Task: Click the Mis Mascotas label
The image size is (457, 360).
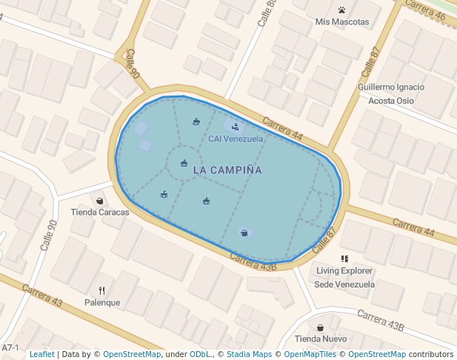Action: tap(341, 21)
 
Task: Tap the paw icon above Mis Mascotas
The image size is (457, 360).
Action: tap(341, 10)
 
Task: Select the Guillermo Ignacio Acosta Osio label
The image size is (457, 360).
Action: tap(390, 94)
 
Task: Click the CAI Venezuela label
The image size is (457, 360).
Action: tap(236, 139)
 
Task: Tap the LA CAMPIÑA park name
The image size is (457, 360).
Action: tap(227, 170)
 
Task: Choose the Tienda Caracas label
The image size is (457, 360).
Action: tap(100, 212)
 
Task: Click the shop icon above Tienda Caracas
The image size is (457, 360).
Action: tap(100, 201)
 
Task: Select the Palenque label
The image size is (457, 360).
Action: tap(102, 302)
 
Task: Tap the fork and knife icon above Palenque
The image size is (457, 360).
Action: tap(102, 290)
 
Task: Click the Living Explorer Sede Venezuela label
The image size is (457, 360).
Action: tap(344, 278)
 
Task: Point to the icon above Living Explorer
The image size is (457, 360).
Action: tap(344, 259)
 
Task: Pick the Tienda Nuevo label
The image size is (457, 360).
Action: tap(321, 339)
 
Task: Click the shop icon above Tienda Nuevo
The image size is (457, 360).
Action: tap(320, 327)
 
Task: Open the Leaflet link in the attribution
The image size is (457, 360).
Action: tap(41, 354)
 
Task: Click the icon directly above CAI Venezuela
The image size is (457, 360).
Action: tap(236, 126)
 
